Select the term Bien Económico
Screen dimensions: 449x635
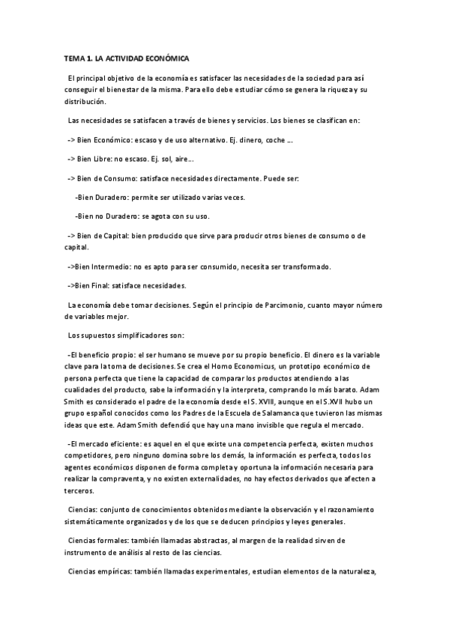point(103,140)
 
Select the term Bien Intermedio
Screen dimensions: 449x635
point(101,266)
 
